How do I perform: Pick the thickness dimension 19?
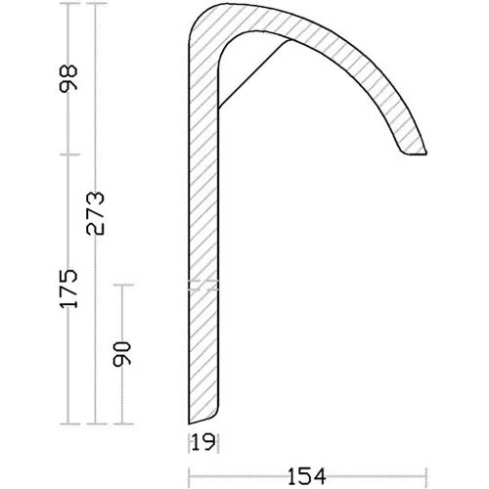[x=201, y=440]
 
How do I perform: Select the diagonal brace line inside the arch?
[x=254, y=73]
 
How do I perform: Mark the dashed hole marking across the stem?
[x=202, y=286]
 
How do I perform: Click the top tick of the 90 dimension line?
[x=121, y=285]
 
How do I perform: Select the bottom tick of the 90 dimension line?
[x=121, y=423]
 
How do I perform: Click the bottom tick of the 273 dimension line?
[x=95, y=423]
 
